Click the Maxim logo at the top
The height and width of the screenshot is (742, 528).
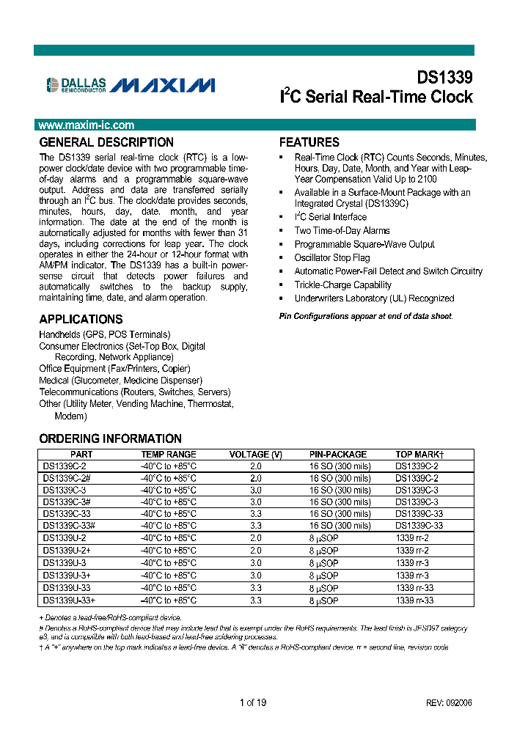(x=163, y=86)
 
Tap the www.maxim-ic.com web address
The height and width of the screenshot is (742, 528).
(x=87, y=125)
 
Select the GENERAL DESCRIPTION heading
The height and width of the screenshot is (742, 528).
(x=106, y=142)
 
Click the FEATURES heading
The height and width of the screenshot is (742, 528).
(x=309, y=142)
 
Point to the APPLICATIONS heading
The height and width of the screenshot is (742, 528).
(x=81, y=320)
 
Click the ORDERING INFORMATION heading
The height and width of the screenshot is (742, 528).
(x=110, y=439)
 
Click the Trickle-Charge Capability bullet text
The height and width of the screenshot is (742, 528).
(x=342, y=285)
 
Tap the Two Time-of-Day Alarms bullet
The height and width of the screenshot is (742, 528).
(x=342, y=230)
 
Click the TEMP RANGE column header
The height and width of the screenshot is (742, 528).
(x=169, y=455)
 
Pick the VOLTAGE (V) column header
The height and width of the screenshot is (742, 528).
(x=255, y=455)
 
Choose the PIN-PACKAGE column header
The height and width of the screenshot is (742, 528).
(x=338, y=455)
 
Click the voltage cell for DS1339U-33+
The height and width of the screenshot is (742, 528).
(x=255, y=600)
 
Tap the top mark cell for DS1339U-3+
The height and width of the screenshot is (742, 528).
(x=412, y=576)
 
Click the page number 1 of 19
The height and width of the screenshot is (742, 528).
(x=253, y=702)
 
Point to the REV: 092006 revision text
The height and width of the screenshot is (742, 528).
(x=449, y=702)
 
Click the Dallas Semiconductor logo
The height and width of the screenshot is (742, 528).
(x=76, y=85)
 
